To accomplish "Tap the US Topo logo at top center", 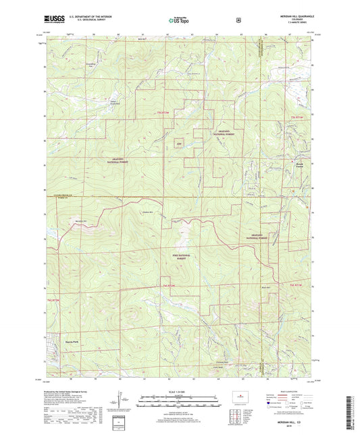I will point(179,21).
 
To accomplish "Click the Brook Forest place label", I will point(299,165).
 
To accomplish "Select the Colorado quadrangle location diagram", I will point(240,396).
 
